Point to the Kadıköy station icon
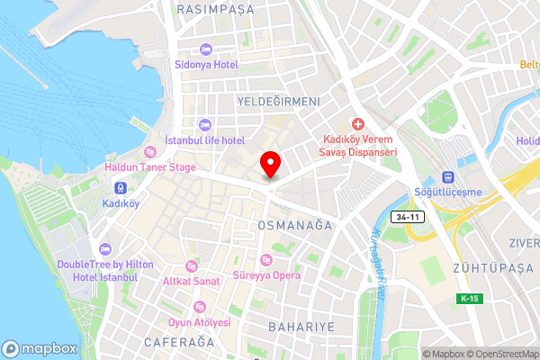click(x=120, y=186)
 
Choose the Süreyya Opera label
click(x=266, y=274)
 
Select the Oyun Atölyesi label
click(x=199, y=322)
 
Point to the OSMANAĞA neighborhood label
click(x=294, y=224)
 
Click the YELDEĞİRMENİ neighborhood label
click(x=277, y=102)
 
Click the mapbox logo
click(x=39, y=348)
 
